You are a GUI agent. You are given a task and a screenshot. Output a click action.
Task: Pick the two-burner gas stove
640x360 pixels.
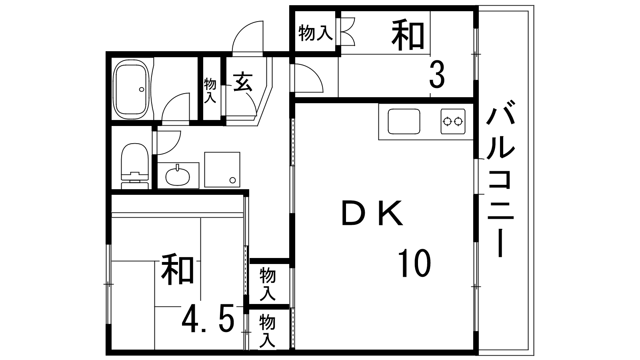click(x=453, y=121)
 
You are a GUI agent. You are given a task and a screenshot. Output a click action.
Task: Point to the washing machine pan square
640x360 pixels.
click(x=222, y=170)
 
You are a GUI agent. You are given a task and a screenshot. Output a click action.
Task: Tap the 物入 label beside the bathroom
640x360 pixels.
click(x=210, y=91)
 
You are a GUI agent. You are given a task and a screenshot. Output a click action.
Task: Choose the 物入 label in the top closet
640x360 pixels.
click(x=316, y=33)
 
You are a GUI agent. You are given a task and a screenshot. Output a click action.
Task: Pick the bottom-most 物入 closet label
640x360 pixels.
click(x=267, y=331)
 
